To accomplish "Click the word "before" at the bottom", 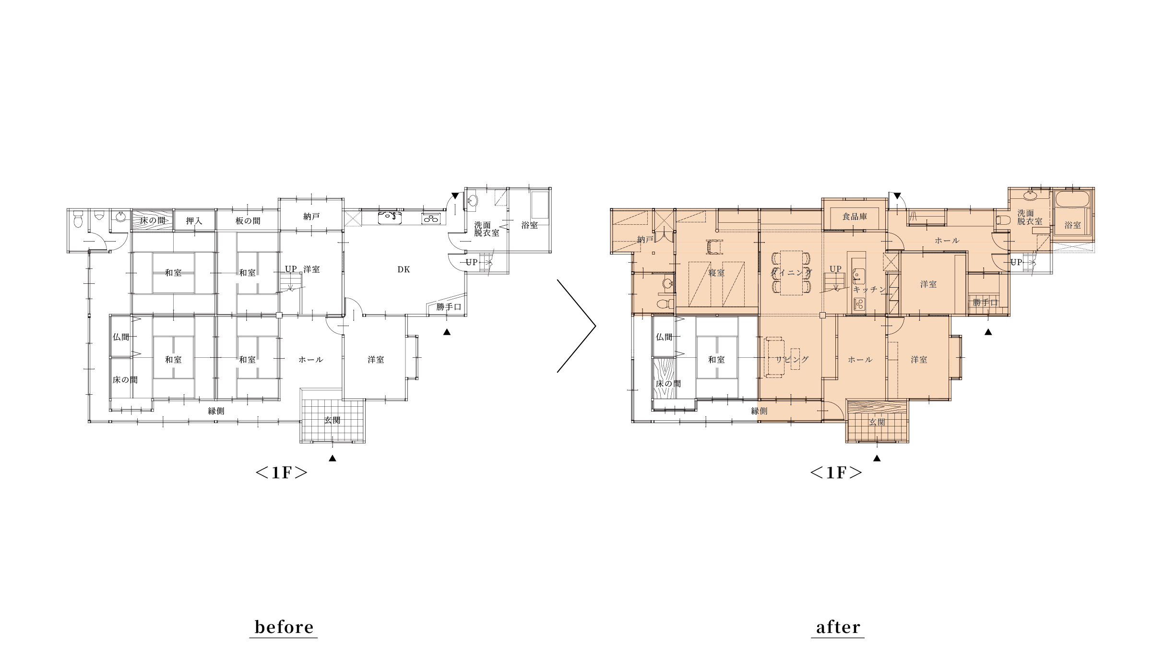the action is [x=284, y=627].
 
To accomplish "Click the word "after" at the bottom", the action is [x=838, y=627].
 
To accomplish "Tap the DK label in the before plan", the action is [x=404, y=269].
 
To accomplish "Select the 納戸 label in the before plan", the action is [x=311, y=217].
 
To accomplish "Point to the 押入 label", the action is [x=194, y=221].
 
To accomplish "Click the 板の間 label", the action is [x=248, y=221].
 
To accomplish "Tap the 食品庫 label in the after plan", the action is [x=855, y=217].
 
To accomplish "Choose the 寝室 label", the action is [x=716, y=273].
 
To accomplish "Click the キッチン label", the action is [x=869, y=290].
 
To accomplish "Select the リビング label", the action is [x=792, y=359].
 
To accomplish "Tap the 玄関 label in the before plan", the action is [x=332, y=420].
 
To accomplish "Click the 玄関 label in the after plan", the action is [x=877, y=422].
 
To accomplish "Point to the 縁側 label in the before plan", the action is [x=216, y=411].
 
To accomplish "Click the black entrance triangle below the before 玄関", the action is [x=332, y=458].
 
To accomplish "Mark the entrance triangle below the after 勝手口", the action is [x=988, y=332].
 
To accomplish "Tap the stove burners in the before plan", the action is [x=430, y=219].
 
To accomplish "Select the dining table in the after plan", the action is [x=792, y=273].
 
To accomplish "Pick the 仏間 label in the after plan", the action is [x=664, y=337].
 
